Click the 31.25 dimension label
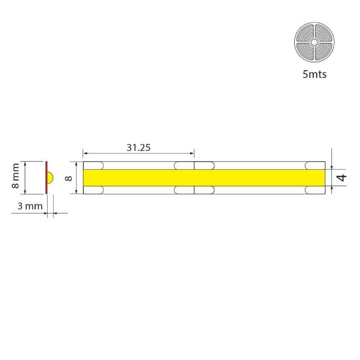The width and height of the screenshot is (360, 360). click(x=139, y=148)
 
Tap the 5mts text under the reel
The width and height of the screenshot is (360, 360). click(x=314, y=74)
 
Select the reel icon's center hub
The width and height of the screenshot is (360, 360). click(x=314, y=42)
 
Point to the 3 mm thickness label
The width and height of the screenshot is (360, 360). click(x=30, y=206)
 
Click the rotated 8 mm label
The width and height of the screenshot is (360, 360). click(x=15, y=175)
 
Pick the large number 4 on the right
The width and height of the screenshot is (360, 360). click(x=342, y=177)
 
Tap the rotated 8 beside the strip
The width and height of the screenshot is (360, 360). click(x=68, y=178)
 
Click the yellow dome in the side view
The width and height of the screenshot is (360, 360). click(x=50, y=178)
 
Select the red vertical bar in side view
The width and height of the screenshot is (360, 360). click(x=46, y=177)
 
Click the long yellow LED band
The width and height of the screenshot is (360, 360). click(x=204, y=178)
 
